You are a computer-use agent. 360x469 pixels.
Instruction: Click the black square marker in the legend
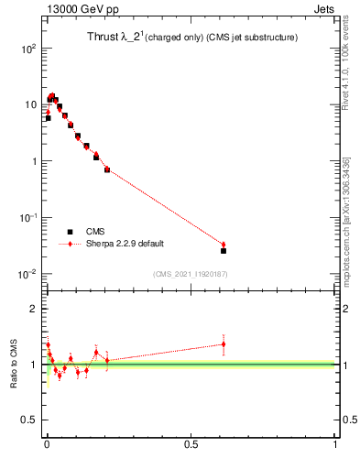71,233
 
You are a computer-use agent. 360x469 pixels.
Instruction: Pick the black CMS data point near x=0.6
224,250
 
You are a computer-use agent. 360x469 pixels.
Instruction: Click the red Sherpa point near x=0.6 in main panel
224,245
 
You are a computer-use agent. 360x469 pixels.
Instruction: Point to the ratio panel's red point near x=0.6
224,344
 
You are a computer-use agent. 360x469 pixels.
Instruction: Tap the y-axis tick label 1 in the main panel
33,161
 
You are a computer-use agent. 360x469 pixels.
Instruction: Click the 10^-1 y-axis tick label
27,218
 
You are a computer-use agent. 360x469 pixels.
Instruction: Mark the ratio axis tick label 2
33,309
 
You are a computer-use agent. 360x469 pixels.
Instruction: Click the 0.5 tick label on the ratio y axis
29,420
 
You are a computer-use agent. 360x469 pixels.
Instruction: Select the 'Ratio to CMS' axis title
13,365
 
